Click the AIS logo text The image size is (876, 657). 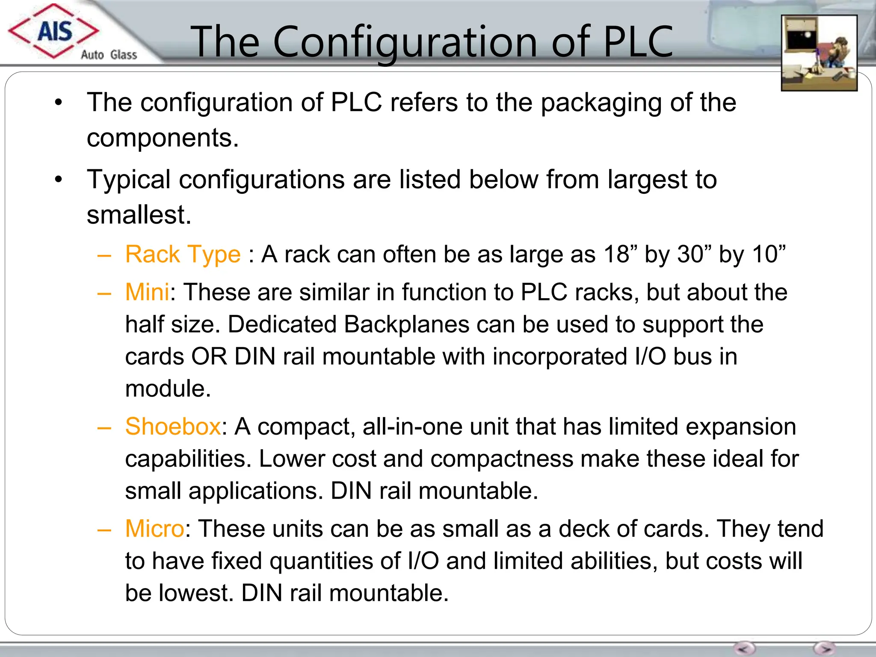coord(55,31)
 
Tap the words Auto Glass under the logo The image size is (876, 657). coord(109,55)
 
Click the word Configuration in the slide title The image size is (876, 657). coord(404,41)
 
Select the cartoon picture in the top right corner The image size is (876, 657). coord(819,53)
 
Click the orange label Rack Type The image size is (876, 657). coord(183,255)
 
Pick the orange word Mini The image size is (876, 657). coord(147,293)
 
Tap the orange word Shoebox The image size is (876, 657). coord(173,426)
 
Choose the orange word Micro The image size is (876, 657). coord(154,529)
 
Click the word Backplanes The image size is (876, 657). coord(407,325)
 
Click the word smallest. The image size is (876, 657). coord(139,215)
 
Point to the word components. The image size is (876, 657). coord(163,138)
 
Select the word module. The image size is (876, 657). coord(168,389)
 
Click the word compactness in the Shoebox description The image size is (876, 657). coord(502,459)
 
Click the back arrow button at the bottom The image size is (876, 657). coord(744,648)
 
